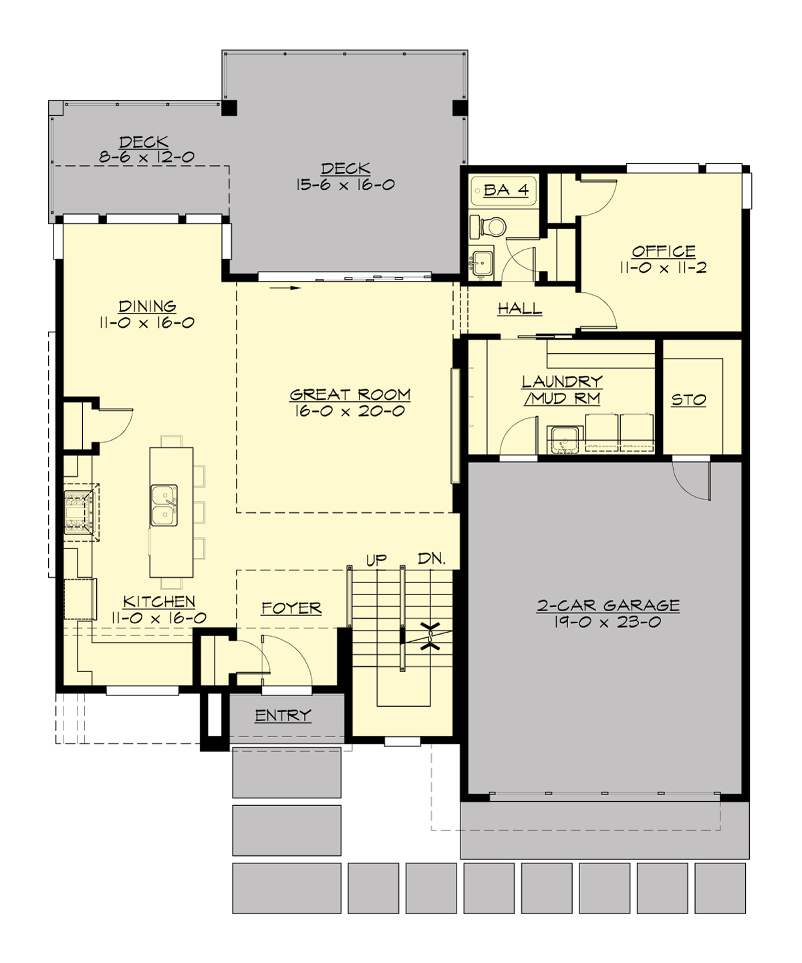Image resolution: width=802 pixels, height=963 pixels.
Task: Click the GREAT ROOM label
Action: pyautogui.click(x=350, y=395)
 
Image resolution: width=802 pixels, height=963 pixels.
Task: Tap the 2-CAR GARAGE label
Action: pyautogui.click(x=608, y=605)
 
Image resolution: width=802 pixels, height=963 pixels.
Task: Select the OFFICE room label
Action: pyautogui.click(x=664, y=251)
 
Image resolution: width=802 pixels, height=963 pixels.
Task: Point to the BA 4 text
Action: pyautogui.click(x=506, y=190)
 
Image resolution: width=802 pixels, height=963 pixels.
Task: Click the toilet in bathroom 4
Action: pyautogui.click(x=491, y=227)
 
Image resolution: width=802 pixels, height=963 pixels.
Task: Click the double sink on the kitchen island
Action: pyautogui.click(x=164, y=505)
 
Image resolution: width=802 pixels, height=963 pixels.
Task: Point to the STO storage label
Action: pyautogui.click(x=688, y=400)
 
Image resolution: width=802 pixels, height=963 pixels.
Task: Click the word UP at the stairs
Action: pyautogui.click(x=376, y=560)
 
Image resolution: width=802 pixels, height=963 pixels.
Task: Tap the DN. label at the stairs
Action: pyautogui.click(x=432, y=558)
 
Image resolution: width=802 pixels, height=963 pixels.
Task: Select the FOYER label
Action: pyautogui.click(x=291, y=608)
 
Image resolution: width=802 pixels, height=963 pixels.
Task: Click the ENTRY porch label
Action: pyautogui.click(x=283, y=716)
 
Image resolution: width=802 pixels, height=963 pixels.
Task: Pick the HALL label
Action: pyautogui.click(x=519, y=308)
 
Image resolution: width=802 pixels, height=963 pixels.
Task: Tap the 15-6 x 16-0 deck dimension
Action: pyautogui.click(x=346, y=185)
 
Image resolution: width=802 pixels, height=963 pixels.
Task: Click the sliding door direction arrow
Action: pyautogui.click(x=286, y=288)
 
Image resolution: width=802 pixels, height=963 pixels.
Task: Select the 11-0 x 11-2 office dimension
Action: pyautogui.click(x=663, y=268)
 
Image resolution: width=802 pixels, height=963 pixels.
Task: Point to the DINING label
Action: pyautogui.click(x=147, y=306)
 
